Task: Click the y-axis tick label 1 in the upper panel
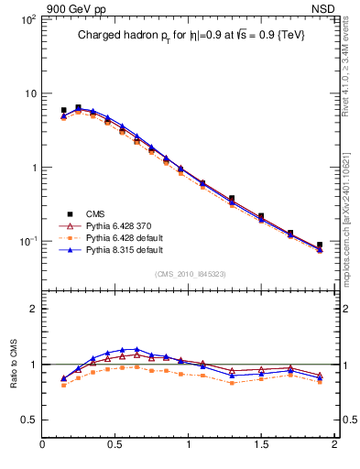[x=32, y=168]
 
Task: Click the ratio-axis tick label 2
[x=33, y=309]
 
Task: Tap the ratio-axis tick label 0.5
[x=27, y=420]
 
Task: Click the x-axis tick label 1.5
[x=261, y=446]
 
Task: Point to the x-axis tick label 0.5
[x=115, y=446]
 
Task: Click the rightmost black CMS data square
[x=320, y=245]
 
